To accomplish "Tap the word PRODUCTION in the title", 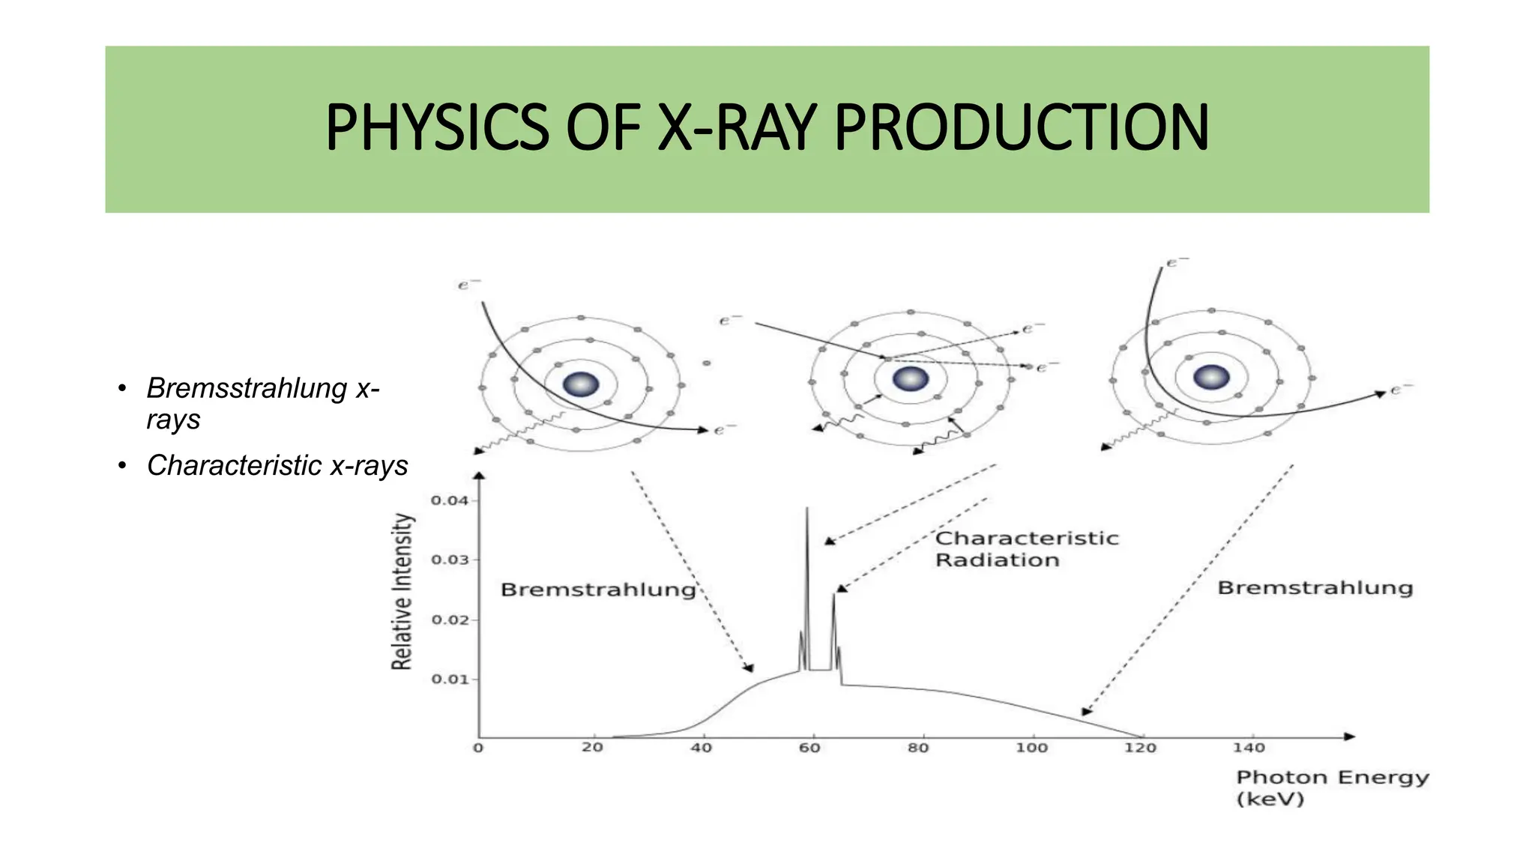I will tap(1021, 128).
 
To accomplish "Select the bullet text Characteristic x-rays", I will tap(277, 465).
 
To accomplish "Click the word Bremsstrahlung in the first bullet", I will tap(247, 388).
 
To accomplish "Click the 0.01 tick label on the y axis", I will tap(450, 679).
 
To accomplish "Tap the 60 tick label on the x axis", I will tap(809, 748).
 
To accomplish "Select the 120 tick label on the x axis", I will tap(1140, 748).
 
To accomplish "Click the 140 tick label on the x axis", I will tap(1249, 748).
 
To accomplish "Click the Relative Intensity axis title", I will tap(402, 591).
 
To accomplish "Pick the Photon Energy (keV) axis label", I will tap(1332, 787).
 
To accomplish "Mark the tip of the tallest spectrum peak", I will tap(807, 509).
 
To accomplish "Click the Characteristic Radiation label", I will tap(1026, 549).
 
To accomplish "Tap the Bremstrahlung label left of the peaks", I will tap(598, 590).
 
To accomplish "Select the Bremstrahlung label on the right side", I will tap(1315, 588).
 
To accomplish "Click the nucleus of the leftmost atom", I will tap(581, 384).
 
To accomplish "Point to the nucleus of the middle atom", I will tap(911, 379).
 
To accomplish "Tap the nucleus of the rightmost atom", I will tap(1211, 377).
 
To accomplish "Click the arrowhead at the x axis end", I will tap(1349, 736).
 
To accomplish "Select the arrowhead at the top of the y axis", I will tap(479, 474).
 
